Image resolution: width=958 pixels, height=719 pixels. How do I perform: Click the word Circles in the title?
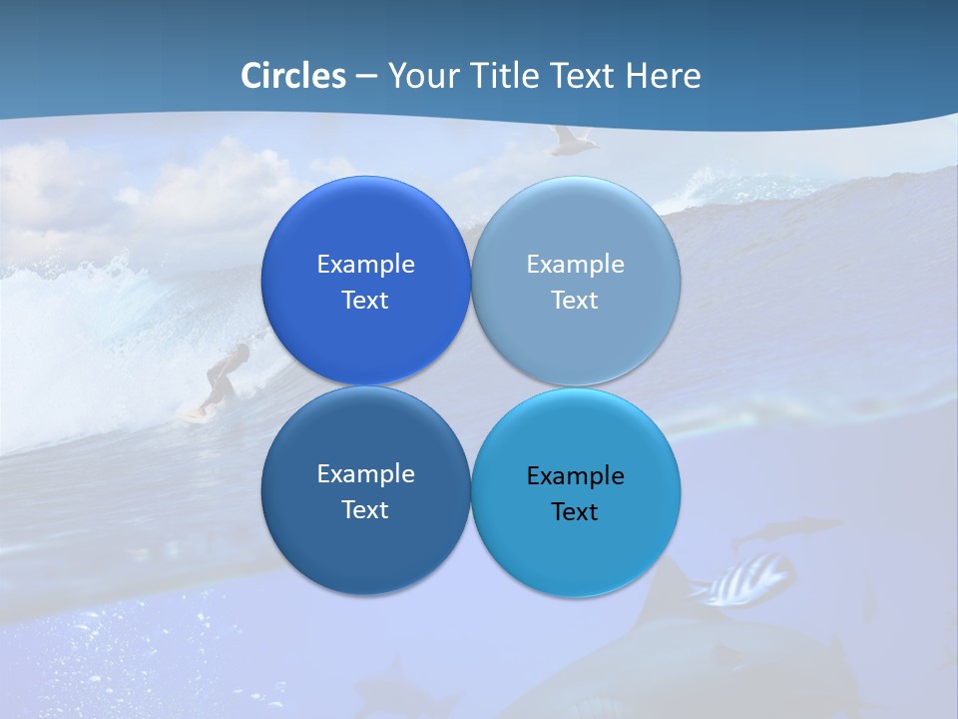[293, 76]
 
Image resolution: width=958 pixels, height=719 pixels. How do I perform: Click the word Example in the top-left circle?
[365, 265]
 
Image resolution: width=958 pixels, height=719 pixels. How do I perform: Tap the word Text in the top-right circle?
[575, 301]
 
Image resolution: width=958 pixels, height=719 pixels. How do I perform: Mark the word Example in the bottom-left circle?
[365, 474]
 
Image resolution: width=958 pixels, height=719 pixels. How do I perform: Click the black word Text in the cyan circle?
[575, 512]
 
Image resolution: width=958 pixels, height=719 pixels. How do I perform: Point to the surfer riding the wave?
[224, 374]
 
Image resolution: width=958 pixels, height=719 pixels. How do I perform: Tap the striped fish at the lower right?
[749, 579]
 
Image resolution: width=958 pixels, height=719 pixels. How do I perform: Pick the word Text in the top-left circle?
[365, 301]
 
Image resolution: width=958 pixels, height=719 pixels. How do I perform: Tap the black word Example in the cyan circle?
[575, 476]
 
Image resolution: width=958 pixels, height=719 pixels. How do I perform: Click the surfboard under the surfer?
[193, 413]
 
